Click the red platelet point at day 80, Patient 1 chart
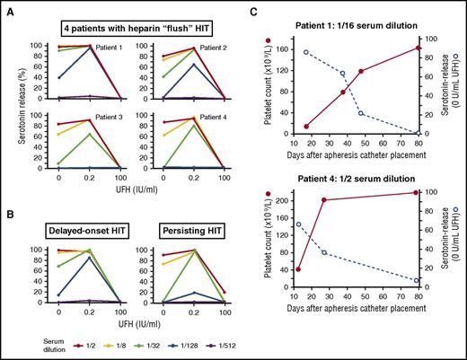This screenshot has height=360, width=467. tap(419, 48)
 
